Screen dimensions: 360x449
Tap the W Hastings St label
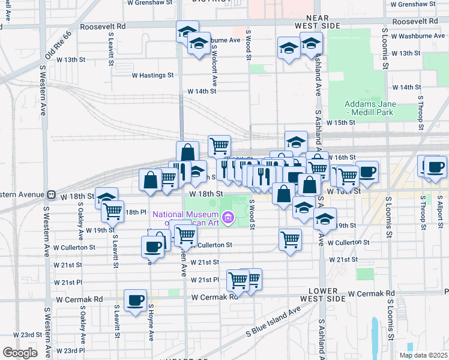point(152,76)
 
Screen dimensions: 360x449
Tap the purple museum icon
point(228,217)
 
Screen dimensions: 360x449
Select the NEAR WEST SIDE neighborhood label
point(318,22)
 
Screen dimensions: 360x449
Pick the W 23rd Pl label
point(70,350)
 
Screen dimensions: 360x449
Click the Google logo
point(20,353)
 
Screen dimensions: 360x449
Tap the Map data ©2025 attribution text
point(423,355)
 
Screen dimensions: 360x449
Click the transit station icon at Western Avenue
point(52,194)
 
